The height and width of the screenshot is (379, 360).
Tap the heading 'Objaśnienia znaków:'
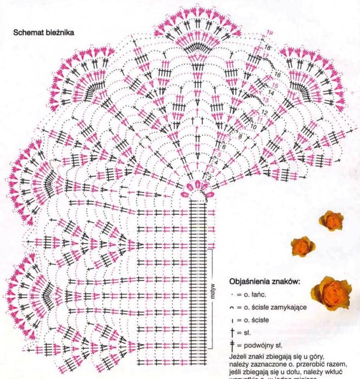coord(264,282)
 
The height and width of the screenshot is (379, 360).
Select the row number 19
coord(270,34)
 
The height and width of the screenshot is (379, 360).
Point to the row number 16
coord(277,75)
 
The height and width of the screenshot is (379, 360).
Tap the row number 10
coord(253,127)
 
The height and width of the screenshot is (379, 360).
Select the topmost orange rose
coord(331,220)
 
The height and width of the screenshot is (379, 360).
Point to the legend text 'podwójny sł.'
coord(263,345)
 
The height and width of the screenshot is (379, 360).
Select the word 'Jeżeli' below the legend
coord(239,356)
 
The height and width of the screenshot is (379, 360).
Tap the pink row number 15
coord(274,86)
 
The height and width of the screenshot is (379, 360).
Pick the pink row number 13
coord(266,101)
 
